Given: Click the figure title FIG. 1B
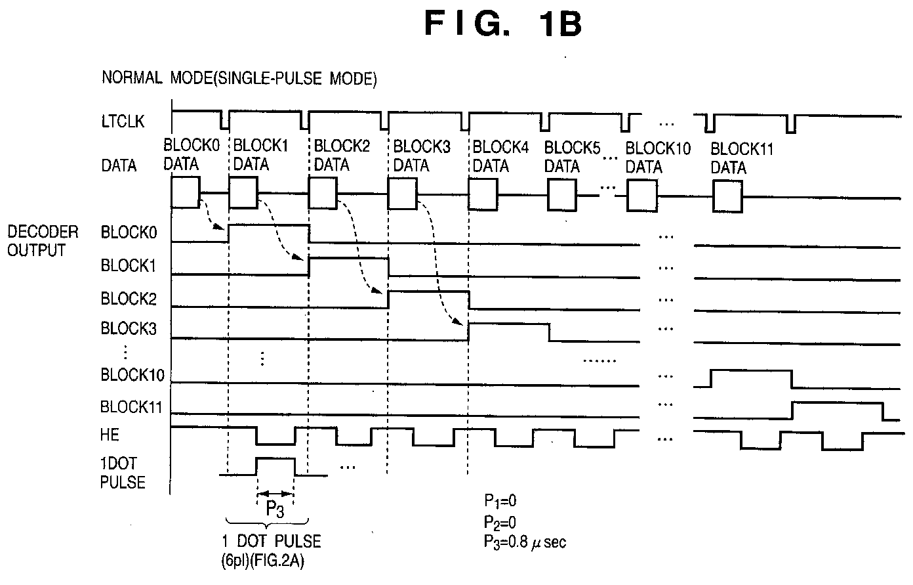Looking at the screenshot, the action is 503,24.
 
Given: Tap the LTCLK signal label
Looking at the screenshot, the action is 123,121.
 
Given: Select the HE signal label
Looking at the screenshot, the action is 110,435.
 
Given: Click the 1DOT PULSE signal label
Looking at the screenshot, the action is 123,473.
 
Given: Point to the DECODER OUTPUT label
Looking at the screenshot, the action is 43,241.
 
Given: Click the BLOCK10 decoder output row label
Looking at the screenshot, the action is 132,374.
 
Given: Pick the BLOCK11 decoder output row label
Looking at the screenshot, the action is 131,406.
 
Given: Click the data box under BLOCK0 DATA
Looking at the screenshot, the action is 186,192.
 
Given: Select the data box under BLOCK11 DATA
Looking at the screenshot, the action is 727,196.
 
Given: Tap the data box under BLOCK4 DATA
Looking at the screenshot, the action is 483,194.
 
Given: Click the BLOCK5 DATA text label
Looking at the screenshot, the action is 572,157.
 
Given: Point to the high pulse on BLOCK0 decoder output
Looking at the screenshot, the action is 269,225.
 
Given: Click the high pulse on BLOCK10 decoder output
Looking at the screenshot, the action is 751,371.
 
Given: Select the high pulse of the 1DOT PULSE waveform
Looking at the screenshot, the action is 275,459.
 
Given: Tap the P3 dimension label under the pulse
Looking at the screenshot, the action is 275,509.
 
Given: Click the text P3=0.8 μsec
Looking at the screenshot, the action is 525,542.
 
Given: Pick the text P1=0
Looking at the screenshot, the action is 500,501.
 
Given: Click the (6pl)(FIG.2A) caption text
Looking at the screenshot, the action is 263,561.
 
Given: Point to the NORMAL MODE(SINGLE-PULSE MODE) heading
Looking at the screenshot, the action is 239,78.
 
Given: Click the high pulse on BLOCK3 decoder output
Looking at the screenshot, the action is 509,324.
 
